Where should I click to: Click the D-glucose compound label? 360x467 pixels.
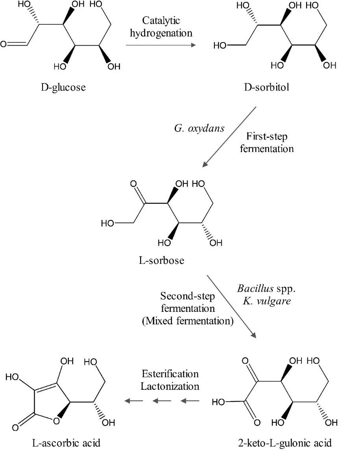[63, 87]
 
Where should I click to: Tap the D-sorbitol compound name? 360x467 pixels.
[266, 87]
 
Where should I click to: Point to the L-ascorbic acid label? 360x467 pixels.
[66, 443]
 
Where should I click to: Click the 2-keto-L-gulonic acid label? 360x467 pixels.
[285, 443]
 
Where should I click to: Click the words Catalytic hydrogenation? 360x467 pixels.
[161, 26]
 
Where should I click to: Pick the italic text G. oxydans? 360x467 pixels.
[199, 129]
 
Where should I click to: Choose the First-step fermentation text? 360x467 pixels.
[267, 143]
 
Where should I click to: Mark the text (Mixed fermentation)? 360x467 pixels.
[188, 321]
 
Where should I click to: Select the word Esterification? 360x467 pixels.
[170, 374]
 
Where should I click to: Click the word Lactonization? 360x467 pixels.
[170, 385]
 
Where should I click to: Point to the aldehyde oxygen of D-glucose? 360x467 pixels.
[4, 44]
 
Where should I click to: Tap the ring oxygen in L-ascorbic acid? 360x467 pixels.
[55, 422]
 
